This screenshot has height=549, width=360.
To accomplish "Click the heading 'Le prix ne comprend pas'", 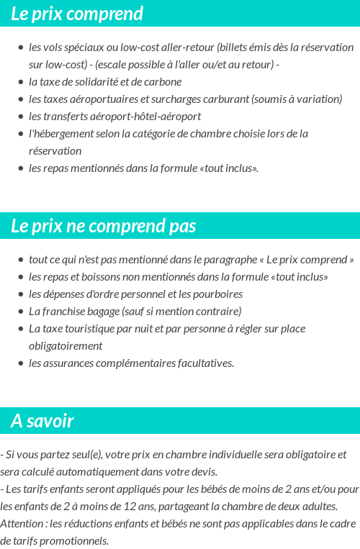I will (103, 226).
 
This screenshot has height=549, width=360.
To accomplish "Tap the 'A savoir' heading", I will (42, 421).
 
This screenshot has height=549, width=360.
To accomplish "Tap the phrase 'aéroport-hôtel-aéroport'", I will (145, 117).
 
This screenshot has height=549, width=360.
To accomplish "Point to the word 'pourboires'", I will (217, 294).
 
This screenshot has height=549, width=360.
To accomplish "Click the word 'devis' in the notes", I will (202, 472).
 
